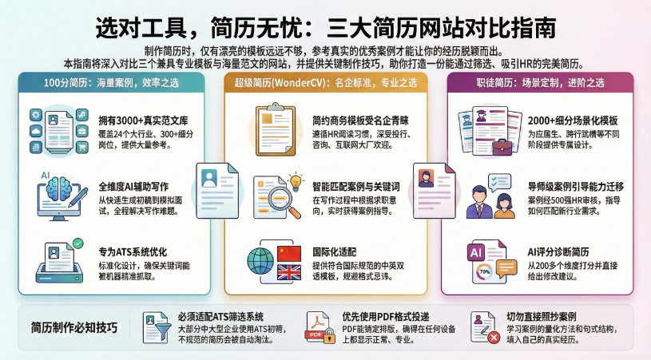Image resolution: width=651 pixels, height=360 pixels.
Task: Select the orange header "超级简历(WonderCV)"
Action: (x=325, y=82)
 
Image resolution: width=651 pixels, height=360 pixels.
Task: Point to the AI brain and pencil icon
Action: (x=57, y=192)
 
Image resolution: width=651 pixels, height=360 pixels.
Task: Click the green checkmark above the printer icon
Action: (x=77, y=243)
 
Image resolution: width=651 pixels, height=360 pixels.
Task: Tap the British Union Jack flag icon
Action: (x=288, y=272)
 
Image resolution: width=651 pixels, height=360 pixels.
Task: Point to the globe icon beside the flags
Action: (x=260, y=261)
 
